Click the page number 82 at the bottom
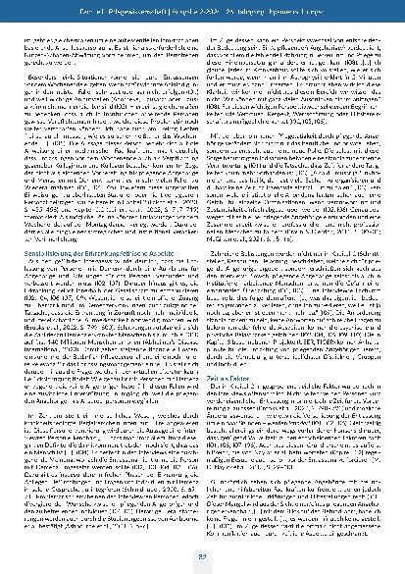click(202, 559)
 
